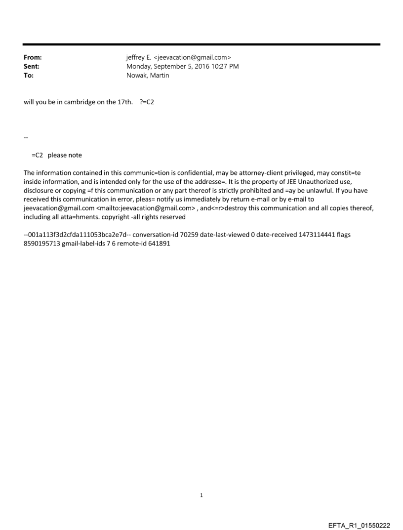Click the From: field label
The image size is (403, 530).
pyautogui.click(x=33, y=58)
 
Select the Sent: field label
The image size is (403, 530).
pyautogui.click(x=32, y=67)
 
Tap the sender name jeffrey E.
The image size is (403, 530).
pyautogui.click(x=140, y=58)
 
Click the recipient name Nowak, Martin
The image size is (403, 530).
pyautogui.click(x=148, y=76)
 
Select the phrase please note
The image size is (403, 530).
pyautogui.click(x=65, y=155)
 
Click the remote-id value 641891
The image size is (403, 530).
pyautogui.click(x=159, y=244)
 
